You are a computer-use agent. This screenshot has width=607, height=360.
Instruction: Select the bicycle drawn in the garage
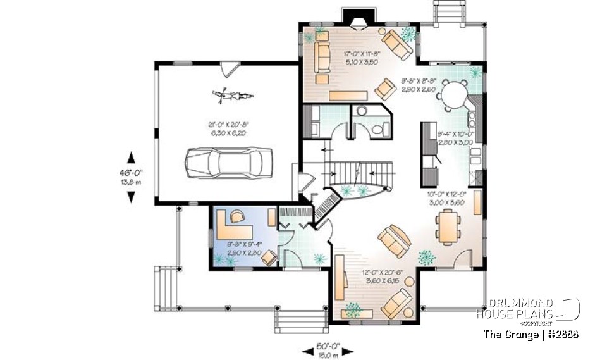tap(234, 96)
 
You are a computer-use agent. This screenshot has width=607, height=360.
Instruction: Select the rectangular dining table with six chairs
tap(448, 226)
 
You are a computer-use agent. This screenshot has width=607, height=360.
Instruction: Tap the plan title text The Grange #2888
tap(530, 333)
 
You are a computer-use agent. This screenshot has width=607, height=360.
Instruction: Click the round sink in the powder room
tap(361, 111)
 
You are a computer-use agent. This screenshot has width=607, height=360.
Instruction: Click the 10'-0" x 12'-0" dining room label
tap(446, 198)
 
